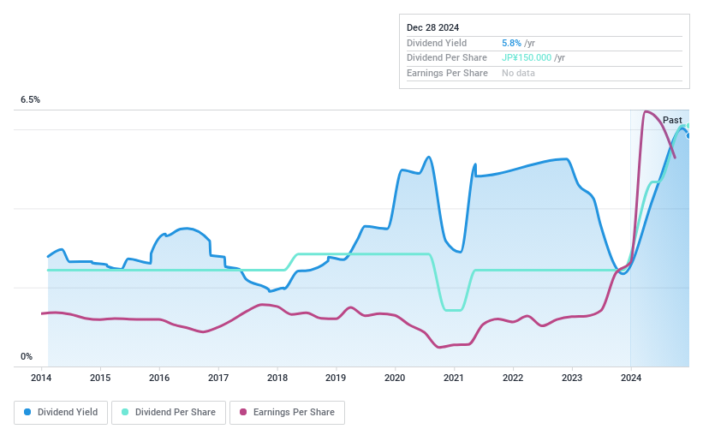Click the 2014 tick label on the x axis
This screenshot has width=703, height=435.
[x=42, y=378]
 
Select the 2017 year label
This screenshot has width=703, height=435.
[x=218, y=378]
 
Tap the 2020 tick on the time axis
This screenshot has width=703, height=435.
[x=395, y=378]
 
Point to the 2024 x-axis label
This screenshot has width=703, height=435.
[x=630, y=378]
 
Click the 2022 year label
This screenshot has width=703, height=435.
[x=513, y=378]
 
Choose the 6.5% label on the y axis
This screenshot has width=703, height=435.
[x=31, y=100]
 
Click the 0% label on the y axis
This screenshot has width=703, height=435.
[x=27, y=357]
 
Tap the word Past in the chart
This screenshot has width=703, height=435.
[x=672, y=120]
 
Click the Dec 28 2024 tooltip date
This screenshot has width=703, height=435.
[x=433, y=27]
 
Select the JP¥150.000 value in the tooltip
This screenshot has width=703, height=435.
[x=527, y=58]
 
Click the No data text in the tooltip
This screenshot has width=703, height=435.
[x=519, y=74]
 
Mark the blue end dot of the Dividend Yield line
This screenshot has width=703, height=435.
[x=688, y=135]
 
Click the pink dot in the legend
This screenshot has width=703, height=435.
[x=244, y=413]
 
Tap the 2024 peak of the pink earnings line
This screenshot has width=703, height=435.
[x=646, y=112]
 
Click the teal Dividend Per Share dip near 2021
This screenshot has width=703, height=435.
[x=453, y=309]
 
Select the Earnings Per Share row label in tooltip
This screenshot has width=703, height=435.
[x=447, y=74]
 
